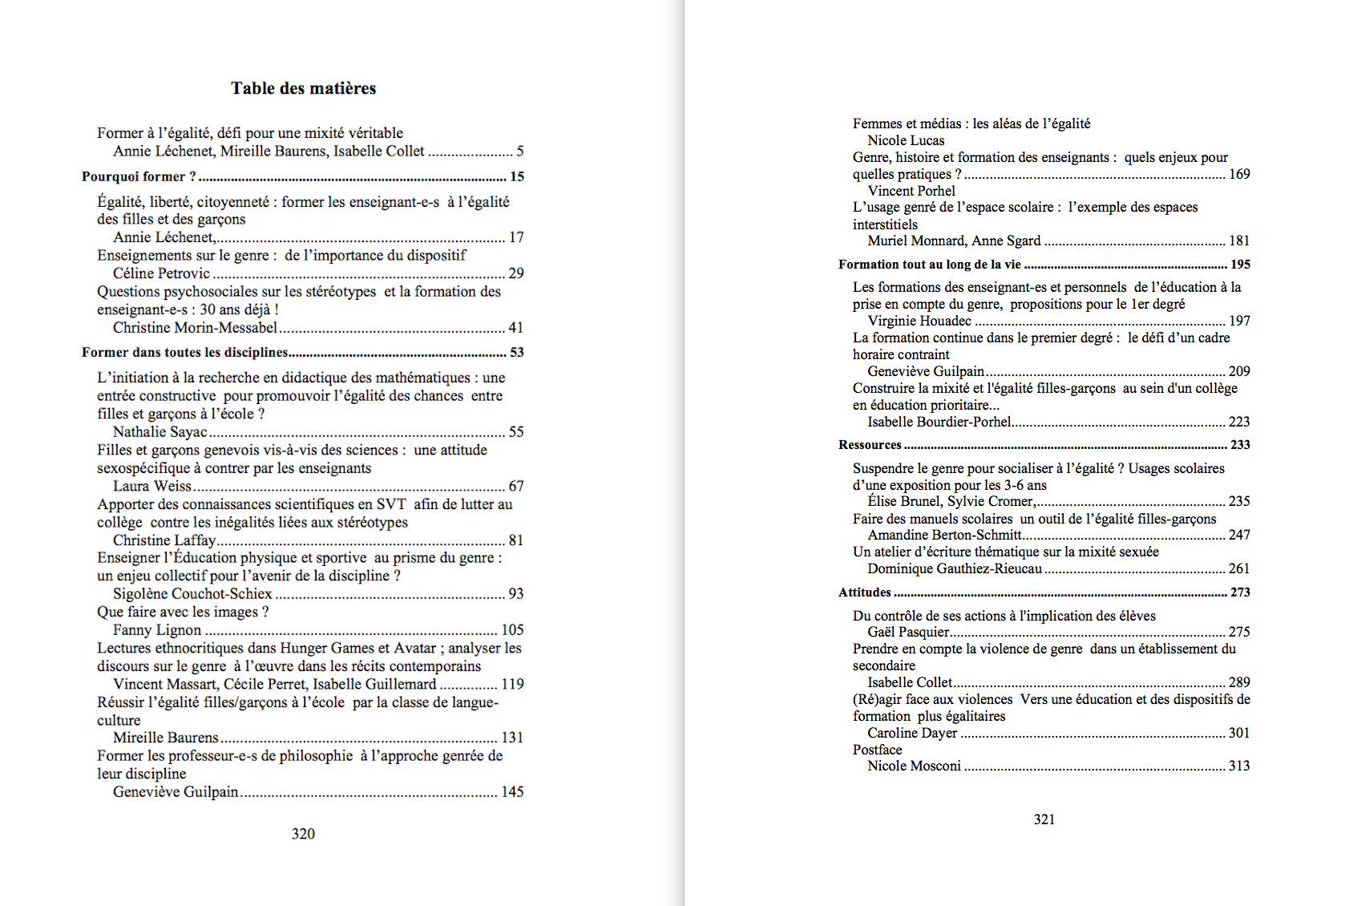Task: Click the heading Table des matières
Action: point(303,88)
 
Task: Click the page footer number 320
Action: point(303,834)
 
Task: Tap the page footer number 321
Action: point(1044,819)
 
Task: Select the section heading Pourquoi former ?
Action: point(139,176)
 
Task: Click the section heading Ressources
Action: point(870,445)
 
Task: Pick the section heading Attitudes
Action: point(864,593)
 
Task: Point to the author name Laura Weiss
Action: point(152,486)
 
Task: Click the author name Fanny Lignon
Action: point(157,630)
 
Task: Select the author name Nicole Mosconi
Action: point(914,766)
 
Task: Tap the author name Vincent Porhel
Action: point(911,191)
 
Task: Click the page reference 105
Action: point(512,630)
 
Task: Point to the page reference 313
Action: point(1239,766)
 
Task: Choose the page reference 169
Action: point(1239,174)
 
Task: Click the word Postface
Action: point(877,750)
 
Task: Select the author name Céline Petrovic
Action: point(161,273)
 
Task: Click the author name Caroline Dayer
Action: point(912,733)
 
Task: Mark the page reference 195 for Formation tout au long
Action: point(1240,265)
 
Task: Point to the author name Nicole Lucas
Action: point(906,140)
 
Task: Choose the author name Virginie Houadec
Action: point(919,321)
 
